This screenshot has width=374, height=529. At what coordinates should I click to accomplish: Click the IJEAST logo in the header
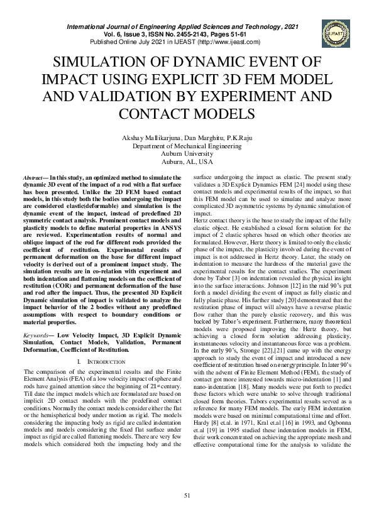(333, 32)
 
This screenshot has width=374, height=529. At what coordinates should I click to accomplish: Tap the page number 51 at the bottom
(187, 496)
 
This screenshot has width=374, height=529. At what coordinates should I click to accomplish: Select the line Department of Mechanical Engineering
(187, 146)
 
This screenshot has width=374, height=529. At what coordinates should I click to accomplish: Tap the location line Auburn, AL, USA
(187, 161)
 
